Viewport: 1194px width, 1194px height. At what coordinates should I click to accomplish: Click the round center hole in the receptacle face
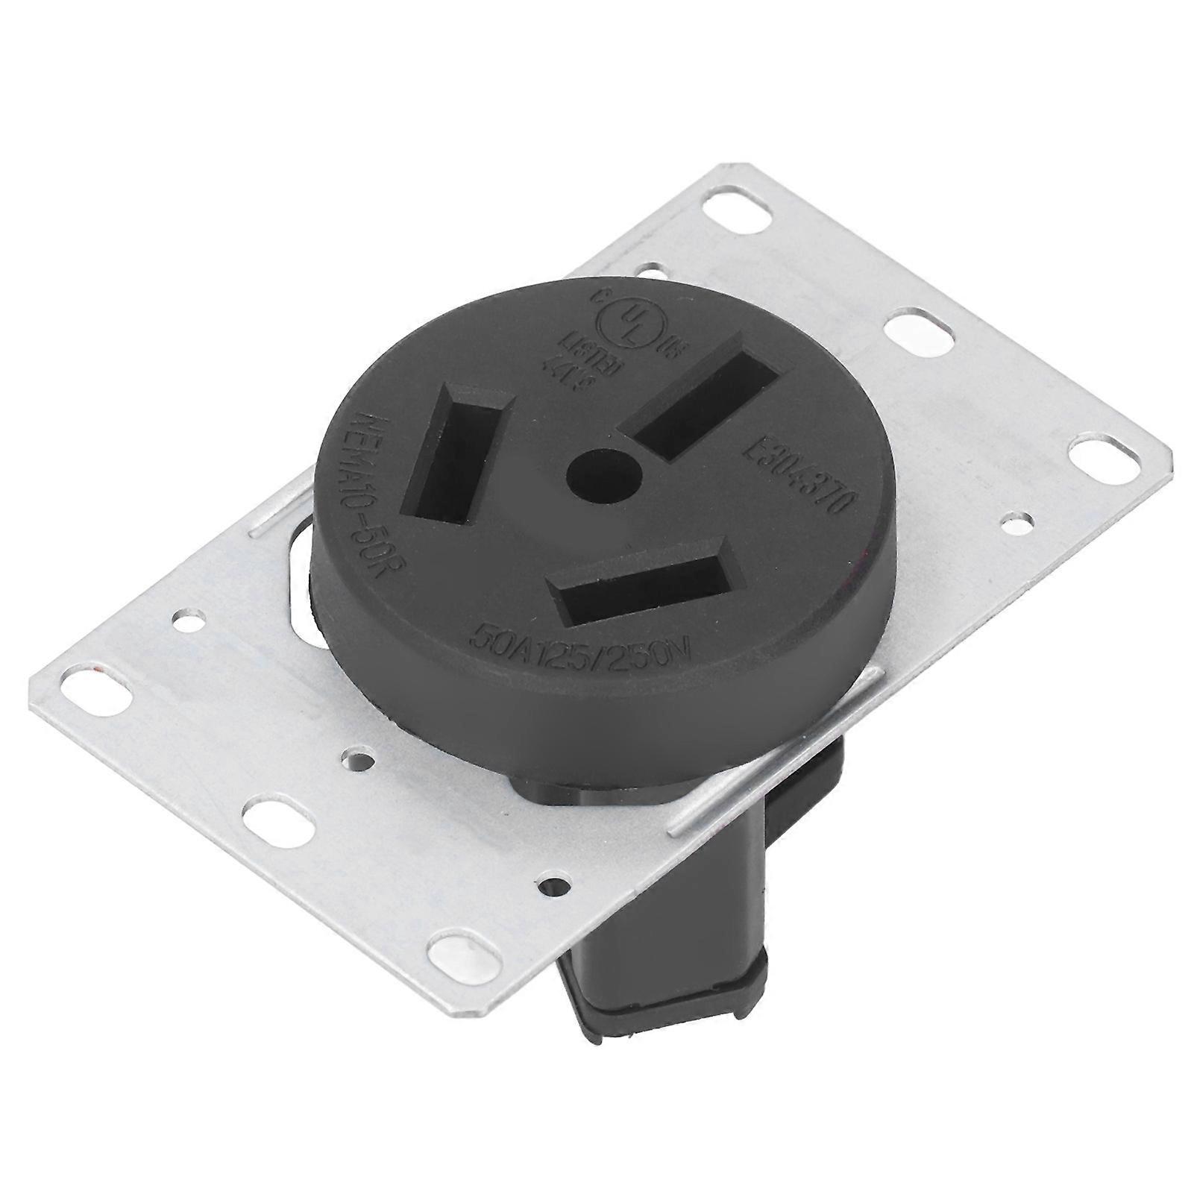pyautogui.click(x=604, y=474)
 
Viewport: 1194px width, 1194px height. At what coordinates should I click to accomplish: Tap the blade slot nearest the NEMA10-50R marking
pyautogui.click(x=457, y=455)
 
